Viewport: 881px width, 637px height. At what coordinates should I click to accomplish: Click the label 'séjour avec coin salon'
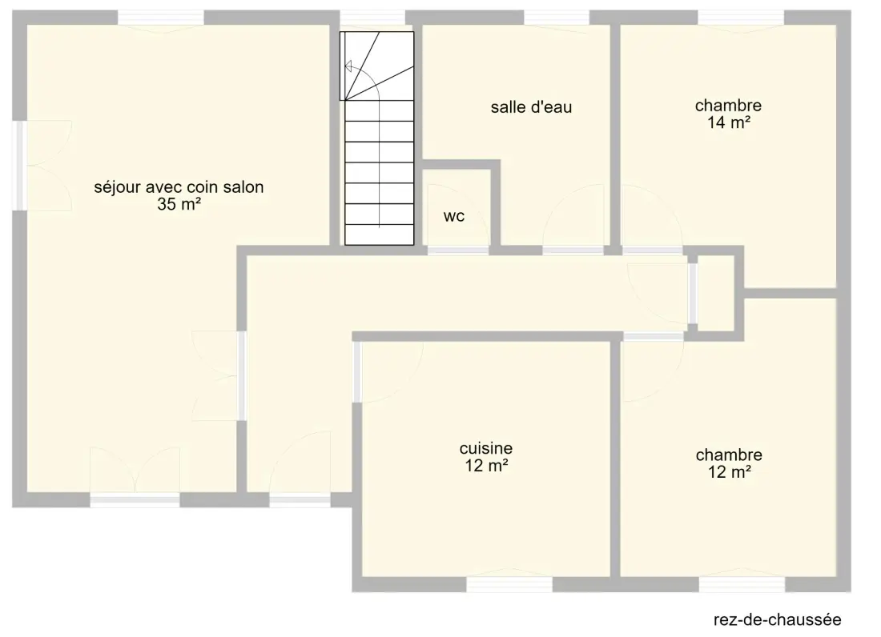(179, 187)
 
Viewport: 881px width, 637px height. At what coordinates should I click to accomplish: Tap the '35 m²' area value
(179, 204)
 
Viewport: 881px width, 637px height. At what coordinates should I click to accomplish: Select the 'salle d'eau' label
(531, 107)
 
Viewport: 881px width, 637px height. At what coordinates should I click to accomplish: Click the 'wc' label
(454, 217)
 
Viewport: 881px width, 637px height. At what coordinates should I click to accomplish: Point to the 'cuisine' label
(486, 448)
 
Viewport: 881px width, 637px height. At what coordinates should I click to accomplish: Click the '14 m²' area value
(729, 122)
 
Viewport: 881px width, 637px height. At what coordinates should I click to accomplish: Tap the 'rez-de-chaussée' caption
(777, 619)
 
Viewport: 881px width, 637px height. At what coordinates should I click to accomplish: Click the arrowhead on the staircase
(348, 67)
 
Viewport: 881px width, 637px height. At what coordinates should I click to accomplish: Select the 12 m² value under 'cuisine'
(487, 465)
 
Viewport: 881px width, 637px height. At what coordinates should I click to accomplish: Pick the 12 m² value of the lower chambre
(730, 472)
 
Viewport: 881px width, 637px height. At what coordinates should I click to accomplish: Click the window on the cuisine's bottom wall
(509, 584)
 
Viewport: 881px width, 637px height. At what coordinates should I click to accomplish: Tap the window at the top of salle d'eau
(557, 18)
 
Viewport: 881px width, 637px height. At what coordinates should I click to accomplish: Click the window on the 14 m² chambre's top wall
(741, 18)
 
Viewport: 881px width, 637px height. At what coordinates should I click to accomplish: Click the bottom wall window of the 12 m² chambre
(742, 584)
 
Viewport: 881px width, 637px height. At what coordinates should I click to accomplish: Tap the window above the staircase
(372, 18)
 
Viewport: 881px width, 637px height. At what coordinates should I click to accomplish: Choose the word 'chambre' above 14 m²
(728, 106)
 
